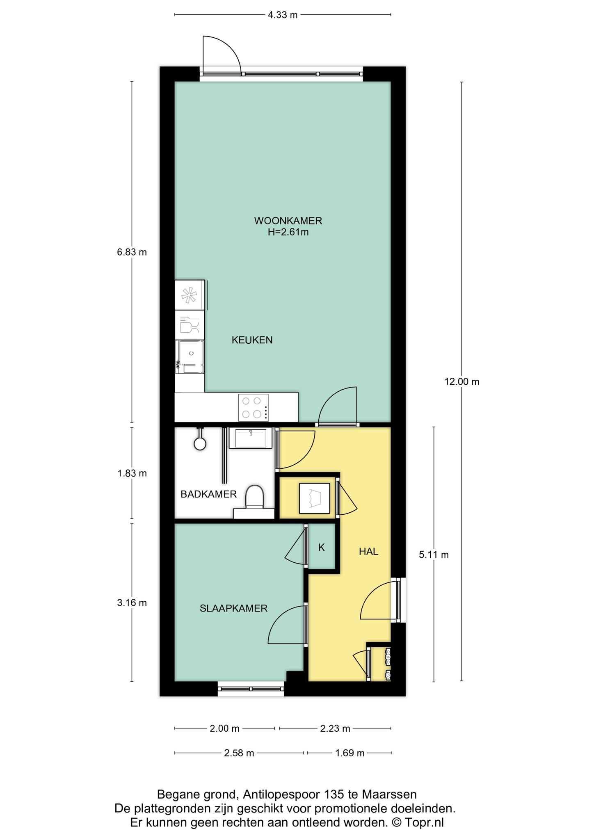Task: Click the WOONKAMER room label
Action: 288,221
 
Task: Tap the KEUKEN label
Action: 252,340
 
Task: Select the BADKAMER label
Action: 209,494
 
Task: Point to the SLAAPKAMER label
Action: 233,608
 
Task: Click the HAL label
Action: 368,552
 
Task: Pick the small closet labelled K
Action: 322,548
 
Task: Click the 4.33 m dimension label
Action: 283,15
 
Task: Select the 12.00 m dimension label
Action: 462,382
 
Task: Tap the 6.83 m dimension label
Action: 132,252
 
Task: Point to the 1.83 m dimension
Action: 132,473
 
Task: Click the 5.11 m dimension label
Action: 434,555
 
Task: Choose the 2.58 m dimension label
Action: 239,753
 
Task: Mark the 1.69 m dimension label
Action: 350,753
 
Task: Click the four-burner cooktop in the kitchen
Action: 253,407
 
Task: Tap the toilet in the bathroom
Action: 254,498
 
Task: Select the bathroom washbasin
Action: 251,438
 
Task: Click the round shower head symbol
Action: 200,443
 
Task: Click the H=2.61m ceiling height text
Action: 288,232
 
